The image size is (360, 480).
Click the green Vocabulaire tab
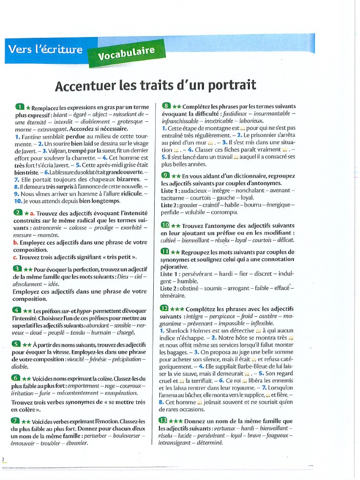126,53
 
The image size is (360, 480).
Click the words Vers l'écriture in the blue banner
45,49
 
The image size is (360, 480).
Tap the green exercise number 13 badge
163,420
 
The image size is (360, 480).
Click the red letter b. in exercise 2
15,242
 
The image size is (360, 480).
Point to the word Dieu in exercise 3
122,277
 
